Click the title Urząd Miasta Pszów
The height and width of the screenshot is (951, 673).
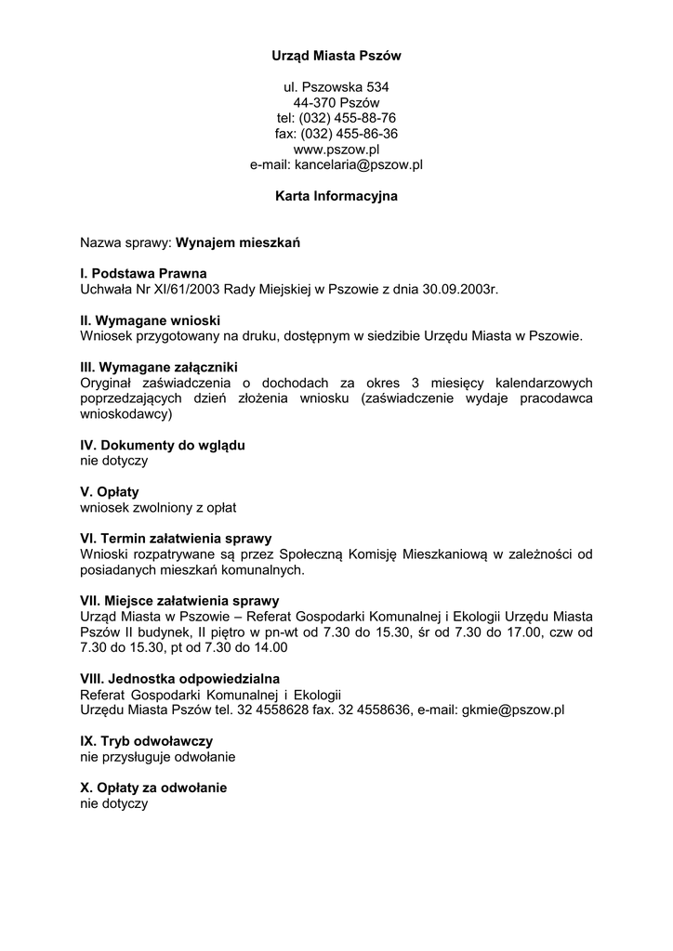point(336,56)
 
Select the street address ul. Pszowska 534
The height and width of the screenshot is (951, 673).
point(336,86)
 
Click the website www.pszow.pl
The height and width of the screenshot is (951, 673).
point(336,149)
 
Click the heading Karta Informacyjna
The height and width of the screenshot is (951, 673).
point(336,196)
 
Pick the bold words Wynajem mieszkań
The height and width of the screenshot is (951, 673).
point(238,243)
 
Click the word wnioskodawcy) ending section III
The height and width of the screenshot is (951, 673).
point(126,414)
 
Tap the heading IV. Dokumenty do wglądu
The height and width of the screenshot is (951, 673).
point(163,445)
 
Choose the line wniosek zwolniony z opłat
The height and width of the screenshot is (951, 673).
point(158,507)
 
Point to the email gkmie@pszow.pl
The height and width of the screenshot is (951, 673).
point(513,710)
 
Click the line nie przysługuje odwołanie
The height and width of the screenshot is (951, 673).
point(158,757)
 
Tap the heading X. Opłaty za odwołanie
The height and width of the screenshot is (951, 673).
point(153,788)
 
